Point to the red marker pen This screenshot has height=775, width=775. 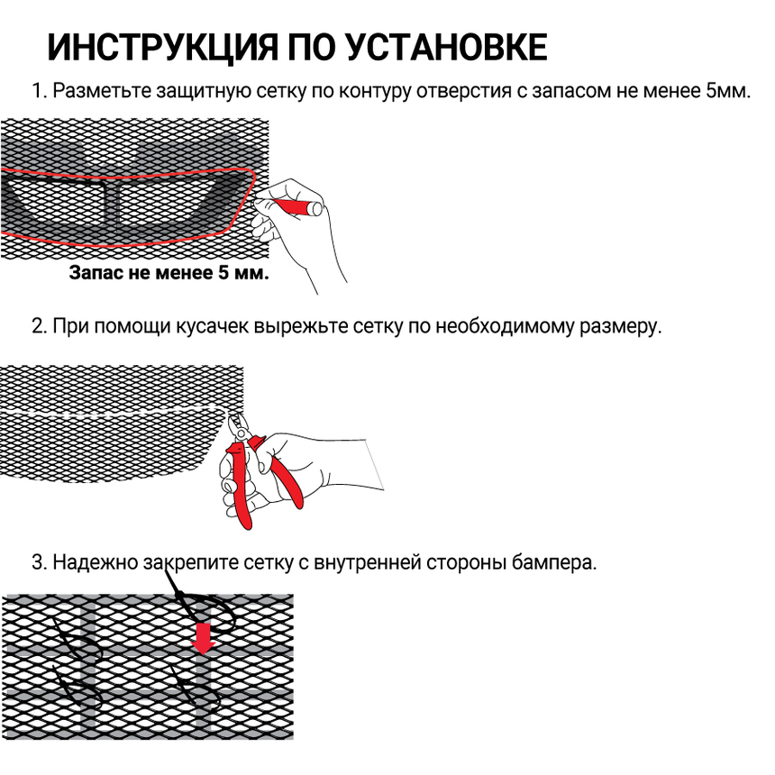[298, 205]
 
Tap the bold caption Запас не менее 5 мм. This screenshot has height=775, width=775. [169, 272]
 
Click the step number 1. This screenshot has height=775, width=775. [37, 92]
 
